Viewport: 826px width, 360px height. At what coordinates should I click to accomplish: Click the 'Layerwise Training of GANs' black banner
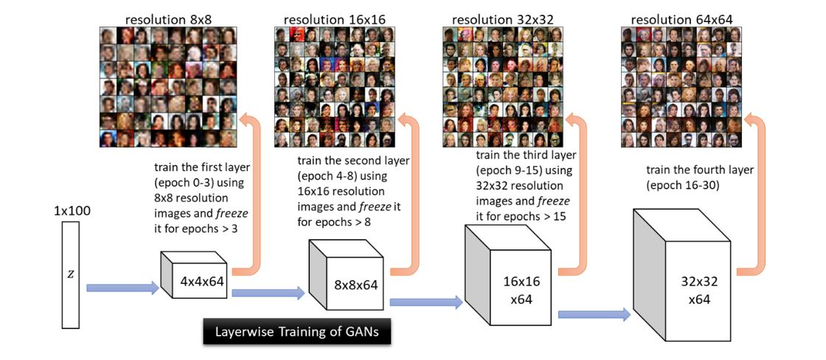tap(296, 331)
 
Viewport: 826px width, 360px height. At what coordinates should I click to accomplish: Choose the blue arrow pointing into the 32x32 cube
tap(594, 315)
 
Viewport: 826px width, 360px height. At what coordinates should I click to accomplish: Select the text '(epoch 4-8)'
tap(329, 176)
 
